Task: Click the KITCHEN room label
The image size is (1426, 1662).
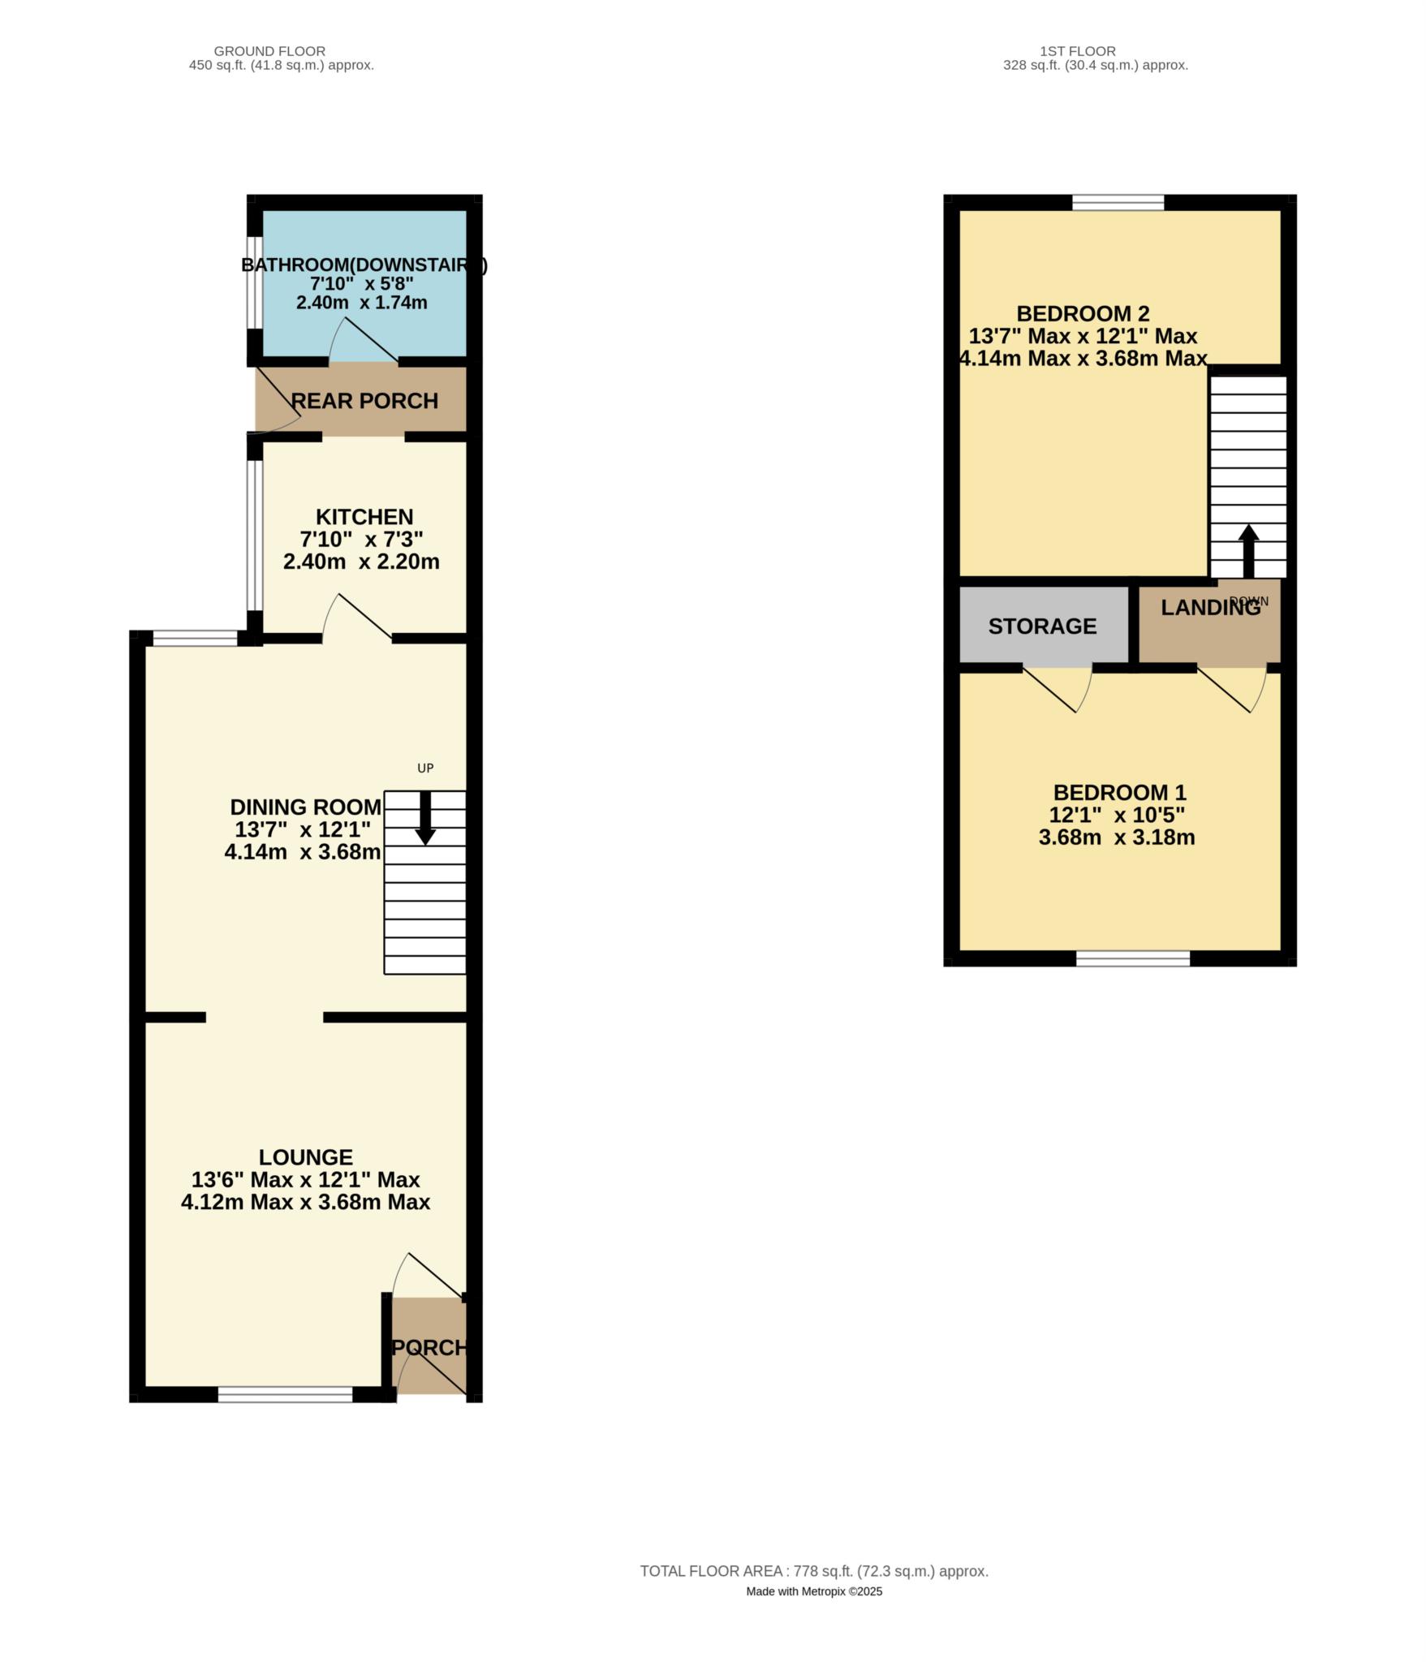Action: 364,517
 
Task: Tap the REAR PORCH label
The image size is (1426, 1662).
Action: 364,401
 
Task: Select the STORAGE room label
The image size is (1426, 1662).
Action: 1042,626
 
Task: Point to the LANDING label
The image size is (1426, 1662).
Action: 1210,608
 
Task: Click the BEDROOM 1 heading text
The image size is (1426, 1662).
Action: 1119,792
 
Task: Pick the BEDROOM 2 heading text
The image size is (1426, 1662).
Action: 1083,313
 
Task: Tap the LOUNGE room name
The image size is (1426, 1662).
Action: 306,1157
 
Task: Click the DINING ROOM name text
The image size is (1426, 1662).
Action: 305,807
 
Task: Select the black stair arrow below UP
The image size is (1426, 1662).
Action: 424,818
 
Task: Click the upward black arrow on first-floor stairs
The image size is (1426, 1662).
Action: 1248,551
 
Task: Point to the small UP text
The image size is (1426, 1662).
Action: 425,768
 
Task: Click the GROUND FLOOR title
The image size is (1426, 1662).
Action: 269,51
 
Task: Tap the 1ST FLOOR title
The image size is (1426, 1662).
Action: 1077,51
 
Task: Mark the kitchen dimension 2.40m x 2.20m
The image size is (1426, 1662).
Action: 361,562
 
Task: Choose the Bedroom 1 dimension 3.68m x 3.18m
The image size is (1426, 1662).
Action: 1117,837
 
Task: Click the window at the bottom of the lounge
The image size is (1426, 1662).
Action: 285,1394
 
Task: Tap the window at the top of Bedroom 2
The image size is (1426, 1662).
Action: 1118,202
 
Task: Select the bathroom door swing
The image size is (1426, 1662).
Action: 363,341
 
